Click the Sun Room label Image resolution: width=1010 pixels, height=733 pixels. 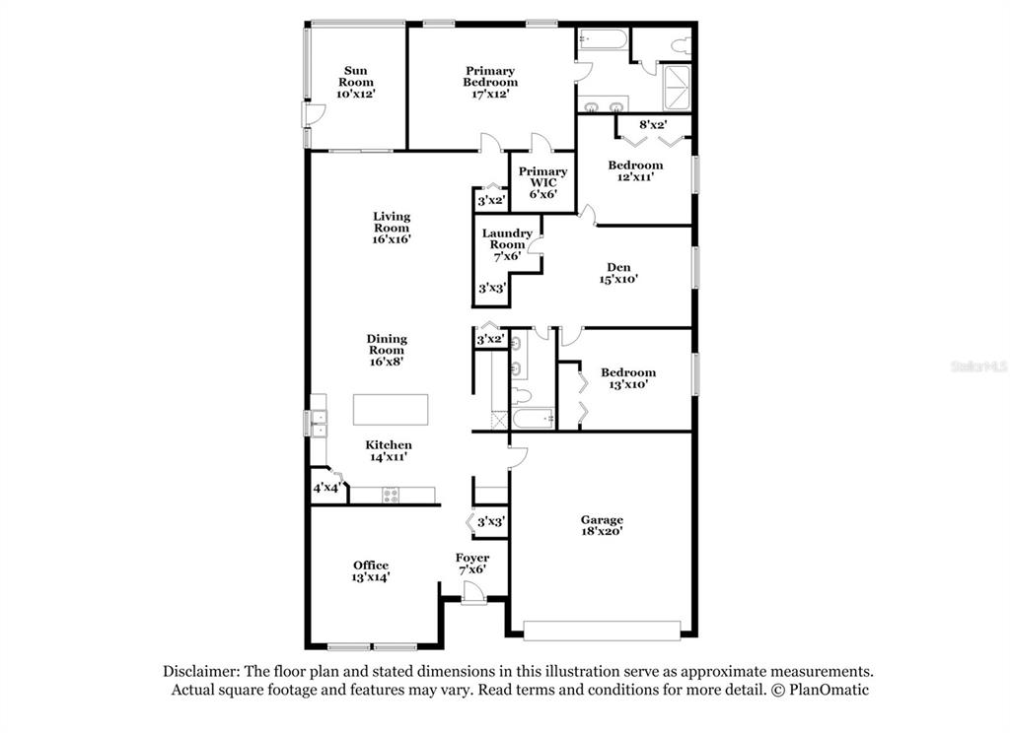pyautogui.click(x=355, y=82)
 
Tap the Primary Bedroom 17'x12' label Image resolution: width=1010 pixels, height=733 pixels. pyautogui.click(x=490, y=82)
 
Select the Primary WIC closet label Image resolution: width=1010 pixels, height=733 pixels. pyautogui.click(x=543, y=182)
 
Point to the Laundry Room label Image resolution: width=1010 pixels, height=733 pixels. pyautogui.click(x=507, y=244)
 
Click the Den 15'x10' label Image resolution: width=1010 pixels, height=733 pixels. pyautogui.click(x=618, y=273)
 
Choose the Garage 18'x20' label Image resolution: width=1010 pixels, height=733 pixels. pyautogui.click(x=602, y=525)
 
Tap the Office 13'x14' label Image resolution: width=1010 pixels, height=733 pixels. pyautogui.click(x=371, y=570)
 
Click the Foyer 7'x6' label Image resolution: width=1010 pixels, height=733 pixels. pyautogui.click(x=472, y=564)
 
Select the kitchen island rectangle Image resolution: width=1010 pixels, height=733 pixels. pyautogui.click(x=391, y=409)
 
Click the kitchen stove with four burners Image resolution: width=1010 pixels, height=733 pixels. pyautogui.click(x=391, y=495)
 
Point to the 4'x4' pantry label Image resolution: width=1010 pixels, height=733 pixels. pyautogui.click(x=326, y=487)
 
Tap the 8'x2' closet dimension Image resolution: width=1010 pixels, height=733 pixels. pyautogui.click(x=653, y=124)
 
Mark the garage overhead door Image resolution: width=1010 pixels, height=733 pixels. pyautogui.click(x=602, y=631)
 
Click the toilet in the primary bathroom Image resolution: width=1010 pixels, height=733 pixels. pyautogui.click(x=681, y=45)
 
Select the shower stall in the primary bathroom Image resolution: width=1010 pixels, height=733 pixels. pyautogui.click(x=677, y=88)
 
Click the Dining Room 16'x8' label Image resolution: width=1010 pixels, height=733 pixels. pyautogui.click(x=387, y=350)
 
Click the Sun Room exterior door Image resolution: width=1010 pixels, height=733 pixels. pyautogui.click(x=313, y=114)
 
